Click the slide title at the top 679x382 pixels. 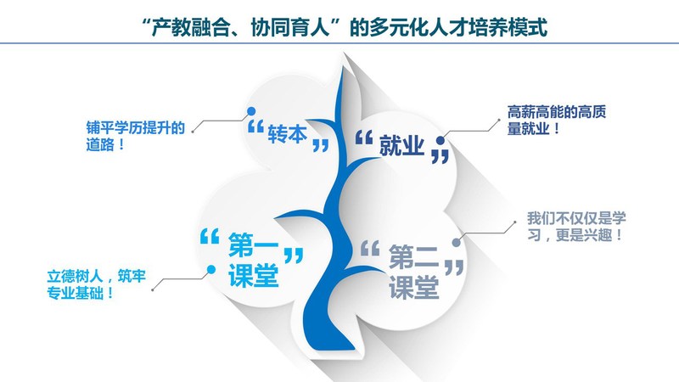point(345,27)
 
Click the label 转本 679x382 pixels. point(287,134)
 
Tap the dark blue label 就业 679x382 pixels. point(401,145)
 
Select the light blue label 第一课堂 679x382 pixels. point(253,259)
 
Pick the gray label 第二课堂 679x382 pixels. point(413,272)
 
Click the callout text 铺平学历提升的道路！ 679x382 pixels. point(136,136)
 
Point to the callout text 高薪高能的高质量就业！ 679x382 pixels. point(557,120)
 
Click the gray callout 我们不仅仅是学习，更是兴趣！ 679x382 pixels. point(576,226)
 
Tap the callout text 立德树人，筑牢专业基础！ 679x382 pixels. point(97,284)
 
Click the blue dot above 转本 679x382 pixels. point(251,111)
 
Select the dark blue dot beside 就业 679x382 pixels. point(441,140)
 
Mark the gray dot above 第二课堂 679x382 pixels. point(457,243)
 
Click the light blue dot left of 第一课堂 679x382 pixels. point(211,269)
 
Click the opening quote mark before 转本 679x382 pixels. point(255,126)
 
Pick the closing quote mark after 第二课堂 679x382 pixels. point(454,267)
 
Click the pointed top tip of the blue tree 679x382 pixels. point(345,65)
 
